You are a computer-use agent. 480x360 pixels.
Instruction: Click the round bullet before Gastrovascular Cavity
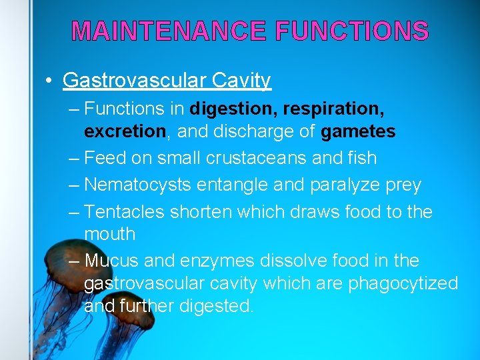[49, 81]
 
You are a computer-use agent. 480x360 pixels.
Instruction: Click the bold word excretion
[125, 131]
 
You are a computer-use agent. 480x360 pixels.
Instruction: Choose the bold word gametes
[358, 131]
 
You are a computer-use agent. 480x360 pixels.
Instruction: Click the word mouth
[109, 235]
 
